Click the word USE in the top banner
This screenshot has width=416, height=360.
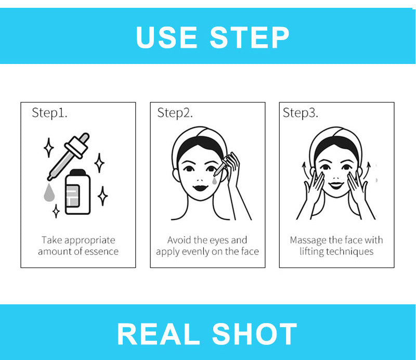point(166,37)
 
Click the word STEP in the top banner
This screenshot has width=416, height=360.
point(250,37)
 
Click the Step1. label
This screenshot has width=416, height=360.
point(49,112)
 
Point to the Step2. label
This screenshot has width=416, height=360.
point(175,112)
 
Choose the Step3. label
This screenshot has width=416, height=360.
point(300,112)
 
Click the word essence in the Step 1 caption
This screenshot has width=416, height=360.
point(99,252)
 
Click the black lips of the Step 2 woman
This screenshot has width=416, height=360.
point(200,186)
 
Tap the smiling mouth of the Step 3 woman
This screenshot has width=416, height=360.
point(336,185)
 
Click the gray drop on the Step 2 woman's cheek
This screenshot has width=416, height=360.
point(214,181)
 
